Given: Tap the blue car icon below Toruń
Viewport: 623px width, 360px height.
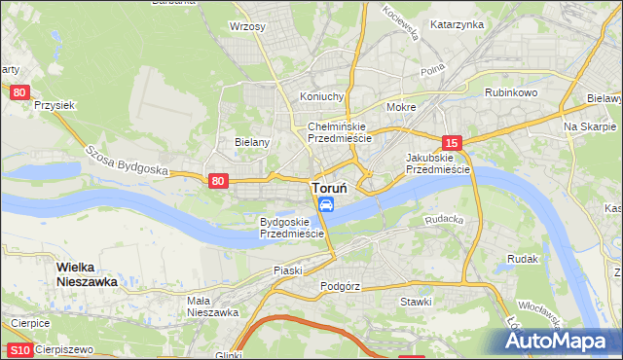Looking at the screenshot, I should pos(327,204).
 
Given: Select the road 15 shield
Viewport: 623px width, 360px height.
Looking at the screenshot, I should pos(450,142).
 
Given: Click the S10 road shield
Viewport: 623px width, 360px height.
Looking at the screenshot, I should pos(18,349).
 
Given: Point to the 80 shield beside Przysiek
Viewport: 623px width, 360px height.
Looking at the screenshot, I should pos(20,92).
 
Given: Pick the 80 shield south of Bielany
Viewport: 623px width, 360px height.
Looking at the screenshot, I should pos(218,180).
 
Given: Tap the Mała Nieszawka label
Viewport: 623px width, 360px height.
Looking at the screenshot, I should pos(212,306).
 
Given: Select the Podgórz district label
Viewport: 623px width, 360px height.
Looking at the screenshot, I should pos(340,287).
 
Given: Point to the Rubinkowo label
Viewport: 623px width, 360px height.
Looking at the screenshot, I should pos(512,92).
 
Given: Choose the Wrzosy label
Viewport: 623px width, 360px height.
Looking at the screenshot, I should pos(247,27).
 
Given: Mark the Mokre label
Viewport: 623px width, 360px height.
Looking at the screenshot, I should pos(401,107).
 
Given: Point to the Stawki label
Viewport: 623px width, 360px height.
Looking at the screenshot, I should pos(416,302).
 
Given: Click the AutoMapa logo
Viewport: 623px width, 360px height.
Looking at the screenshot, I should pos(559,340).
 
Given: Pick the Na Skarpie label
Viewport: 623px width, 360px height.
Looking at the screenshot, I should pos(584,127).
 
